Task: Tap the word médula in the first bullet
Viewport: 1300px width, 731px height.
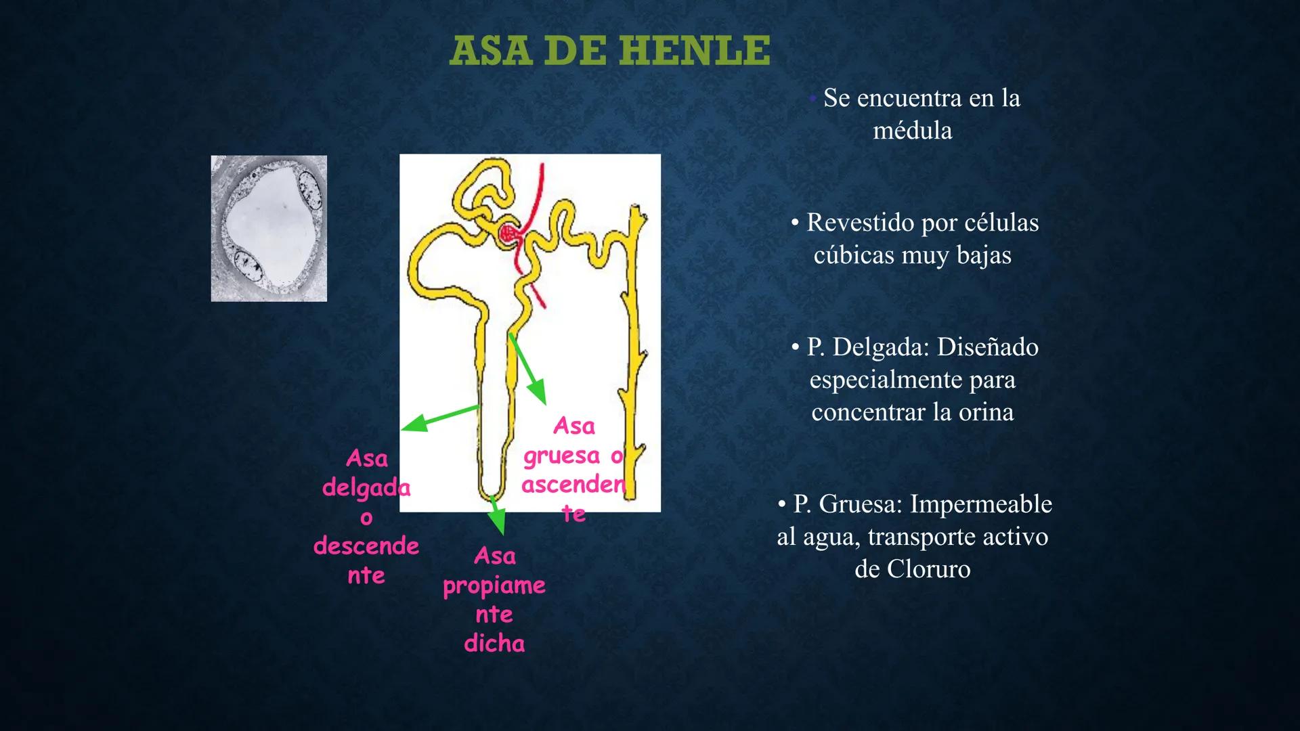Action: (x=912, y=131)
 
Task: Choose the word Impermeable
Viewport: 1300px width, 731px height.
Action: (x=980, y=504)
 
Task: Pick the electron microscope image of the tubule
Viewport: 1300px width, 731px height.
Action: (x=269, y=228)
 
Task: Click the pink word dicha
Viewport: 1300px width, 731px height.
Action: (x=494, y=643)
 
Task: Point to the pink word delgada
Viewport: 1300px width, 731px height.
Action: (x=366, y=487)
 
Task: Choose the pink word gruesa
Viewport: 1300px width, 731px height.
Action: (x=562, y=456)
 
